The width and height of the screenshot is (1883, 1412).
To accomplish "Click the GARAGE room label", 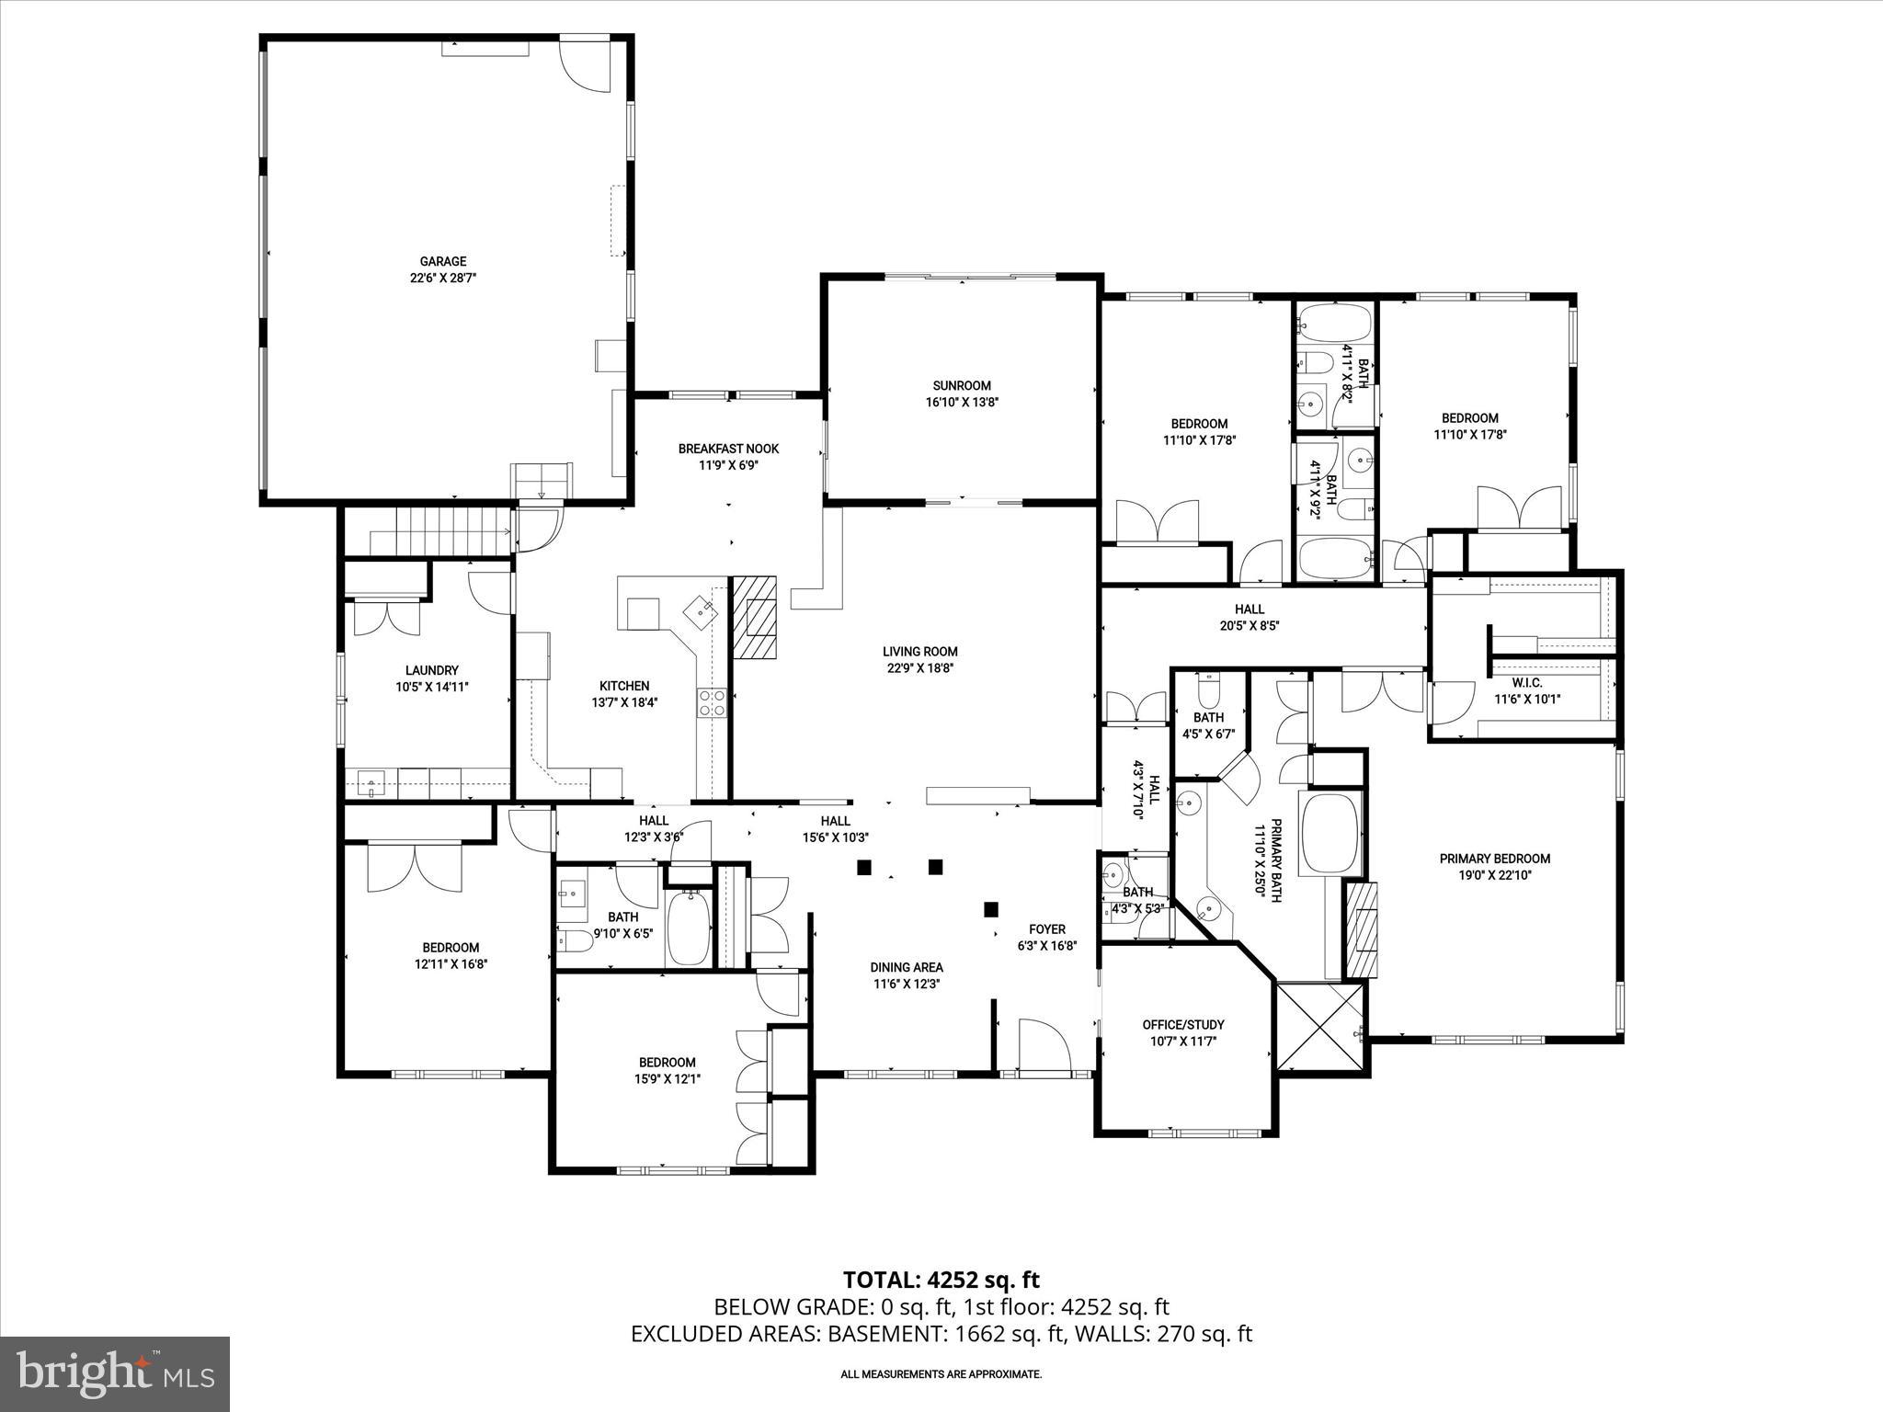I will pyautogui.click(x=443, y=262).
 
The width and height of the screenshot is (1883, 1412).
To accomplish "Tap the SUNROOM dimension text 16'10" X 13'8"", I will pyautogui.click(x=962, y=403).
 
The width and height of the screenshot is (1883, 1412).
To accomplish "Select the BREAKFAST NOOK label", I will pyautogui.click(x=728, y=449).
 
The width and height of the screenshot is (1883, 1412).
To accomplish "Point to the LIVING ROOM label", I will pyautogui.click(x=919, y=652).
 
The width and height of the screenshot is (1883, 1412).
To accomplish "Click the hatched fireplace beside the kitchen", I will pyautogui.click(x=754, y=617).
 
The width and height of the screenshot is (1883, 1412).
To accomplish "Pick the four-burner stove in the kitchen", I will pyautogui.click(x=712, y=702).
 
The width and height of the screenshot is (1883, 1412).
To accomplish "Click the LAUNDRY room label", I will pyautogui.click(x=431, y=671).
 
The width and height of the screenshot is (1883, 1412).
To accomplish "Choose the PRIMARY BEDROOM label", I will pyautogui.click(x=1494, y=859).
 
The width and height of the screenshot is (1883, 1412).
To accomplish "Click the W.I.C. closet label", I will pyautogui.click(x=1526, y=682).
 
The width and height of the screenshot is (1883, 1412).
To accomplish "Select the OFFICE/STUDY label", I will pyautogui.click(x=1183, y=1024).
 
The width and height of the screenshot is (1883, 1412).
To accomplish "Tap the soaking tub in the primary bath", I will pyautogui.click(x=1330, y=833).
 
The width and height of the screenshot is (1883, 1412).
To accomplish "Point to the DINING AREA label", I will pyautogui.click(x=907, y=967).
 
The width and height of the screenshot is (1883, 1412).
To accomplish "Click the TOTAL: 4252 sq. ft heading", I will pyautogui.click(x=941, y=1280).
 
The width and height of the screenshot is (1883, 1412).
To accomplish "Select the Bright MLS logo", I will pyautogui.click(x=115, y=1374).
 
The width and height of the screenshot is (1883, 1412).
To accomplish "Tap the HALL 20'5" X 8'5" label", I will pyautogui.click(x=1249, y=609).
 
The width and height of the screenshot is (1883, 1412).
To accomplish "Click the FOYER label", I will pyautogui.click(x=1046, y=929).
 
